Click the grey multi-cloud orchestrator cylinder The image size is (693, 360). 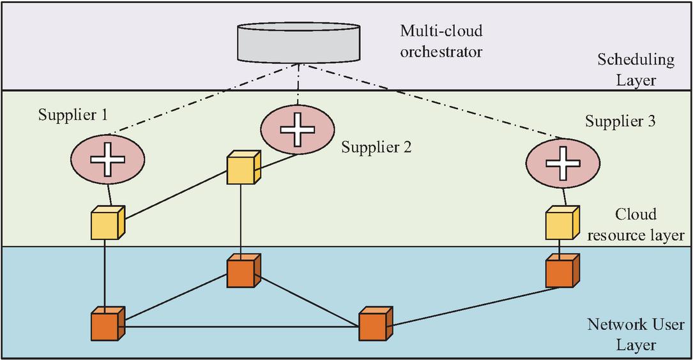point(300,43)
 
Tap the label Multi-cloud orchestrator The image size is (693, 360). point(441,41)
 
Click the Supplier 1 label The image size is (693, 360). point(72,115)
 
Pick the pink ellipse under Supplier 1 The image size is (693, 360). point(107,160)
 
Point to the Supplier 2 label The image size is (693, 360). point(376,147)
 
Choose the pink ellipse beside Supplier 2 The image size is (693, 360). point(296,128)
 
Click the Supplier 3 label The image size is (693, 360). point(620,121)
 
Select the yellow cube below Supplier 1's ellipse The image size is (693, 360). point(105,223)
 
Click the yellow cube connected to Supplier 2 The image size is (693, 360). point(243,168)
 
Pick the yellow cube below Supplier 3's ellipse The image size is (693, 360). point(560,223)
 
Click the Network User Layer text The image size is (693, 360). point(635,334)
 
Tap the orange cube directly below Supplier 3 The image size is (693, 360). point(561,271)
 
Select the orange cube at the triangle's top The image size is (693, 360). point(243,273)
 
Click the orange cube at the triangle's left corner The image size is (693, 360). point(106,324)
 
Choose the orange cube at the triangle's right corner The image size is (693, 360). point(374,324)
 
